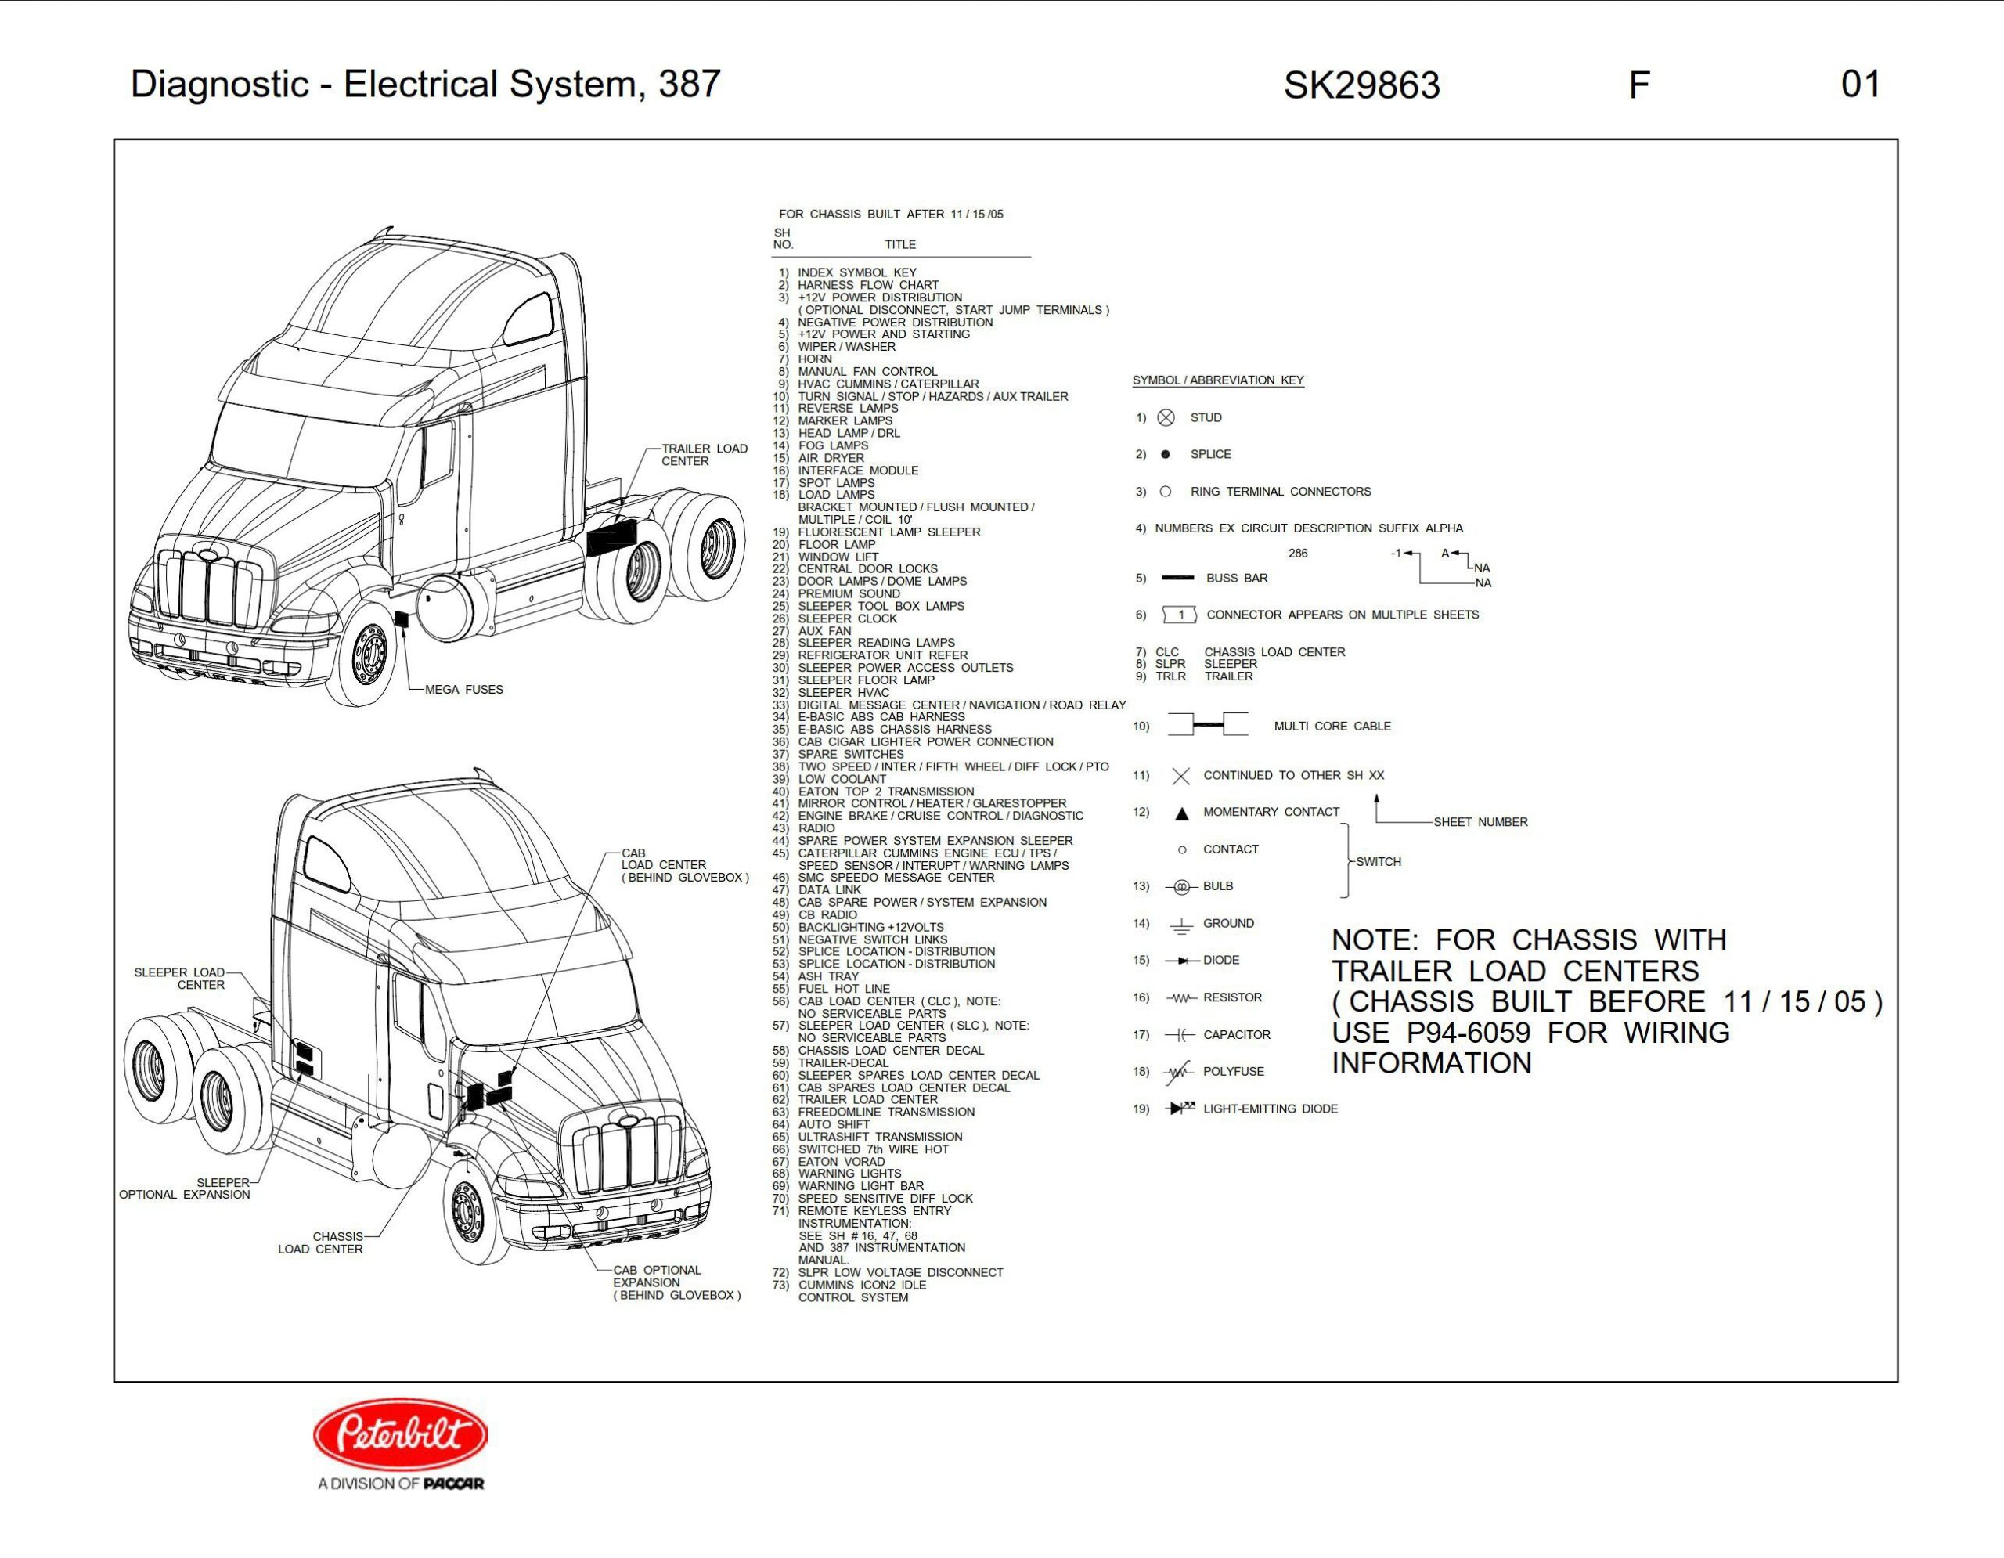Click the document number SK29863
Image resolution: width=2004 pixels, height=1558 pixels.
coord(1361,85)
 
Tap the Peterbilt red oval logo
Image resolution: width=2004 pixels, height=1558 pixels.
coord(400,1434)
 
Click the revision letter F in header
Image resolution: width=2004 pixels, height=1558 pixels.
coord(1638,85)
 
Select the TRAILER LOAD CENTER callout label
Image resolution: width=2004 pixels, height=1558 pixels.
coord(704,455)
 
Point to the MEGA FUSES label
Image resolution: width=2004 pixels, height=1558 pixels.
coord(463,689)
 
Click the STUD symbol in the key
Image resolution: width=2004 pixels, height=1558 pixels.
coord(1166,417)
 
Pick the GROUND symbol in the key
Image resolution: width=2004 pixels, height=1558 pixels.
coord(1181,925)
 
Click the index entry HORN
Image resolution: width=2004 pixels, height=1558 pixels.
coord(815,359)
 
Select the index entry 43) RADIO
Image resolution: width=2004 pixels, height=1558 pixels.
coord(816,828)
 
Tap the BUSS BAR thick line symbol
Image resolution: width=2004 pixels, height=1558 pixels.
coord(1177,578)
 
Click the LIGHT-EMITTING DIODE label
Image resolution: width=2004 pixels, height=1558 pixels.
coord(1270,1109)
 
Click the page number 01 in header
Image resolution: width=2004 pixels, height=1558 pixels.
coord(1860,85)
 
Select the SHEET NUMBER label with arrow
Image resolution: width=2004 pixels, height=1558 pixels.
coord(1480,822)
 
